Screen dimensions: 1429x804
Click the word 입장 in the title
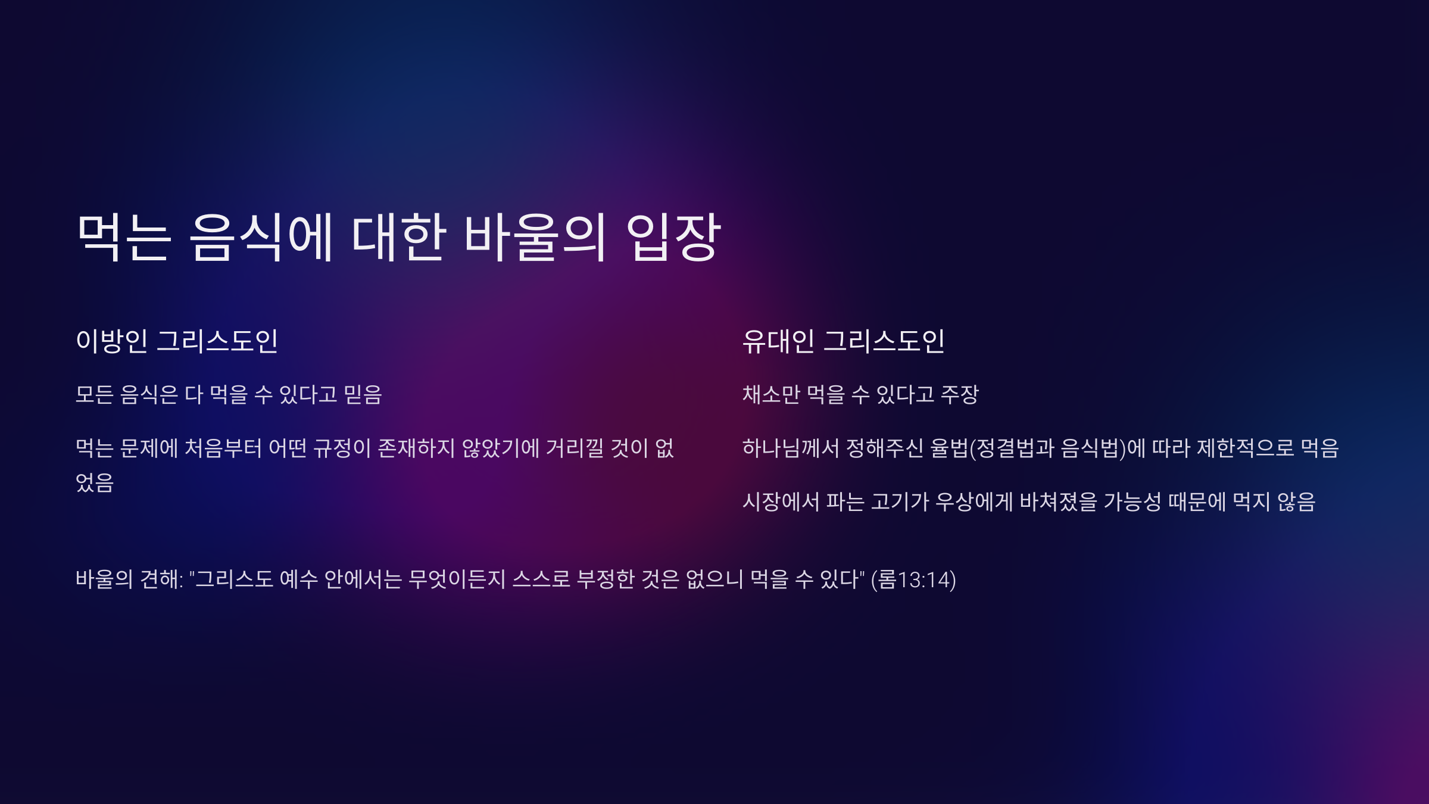673,237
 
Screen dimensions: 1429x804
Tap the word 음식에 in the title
261,237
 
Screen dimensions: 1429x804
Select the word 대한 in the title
398,237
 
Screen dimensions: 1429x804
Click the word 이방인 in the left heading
112,341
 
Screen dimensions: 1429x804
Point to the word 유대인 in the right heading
778,341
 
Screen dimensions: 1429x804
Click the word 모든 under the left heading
95,394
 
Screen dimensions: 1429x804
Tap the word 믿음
363,394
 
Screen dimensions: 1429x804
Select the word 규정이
342,448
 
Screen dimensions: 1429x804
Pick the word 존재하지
417,448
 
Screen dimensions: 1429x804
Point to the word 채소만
771,394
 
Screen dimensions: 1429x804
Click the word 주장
960,394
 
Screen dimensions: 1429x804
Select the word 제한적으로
1246,448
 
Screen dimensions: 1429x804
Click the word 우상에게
974,501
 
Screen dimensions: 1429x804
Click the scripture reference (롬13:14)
913,579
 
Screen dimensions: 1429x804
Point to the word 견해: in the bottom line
161,579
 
